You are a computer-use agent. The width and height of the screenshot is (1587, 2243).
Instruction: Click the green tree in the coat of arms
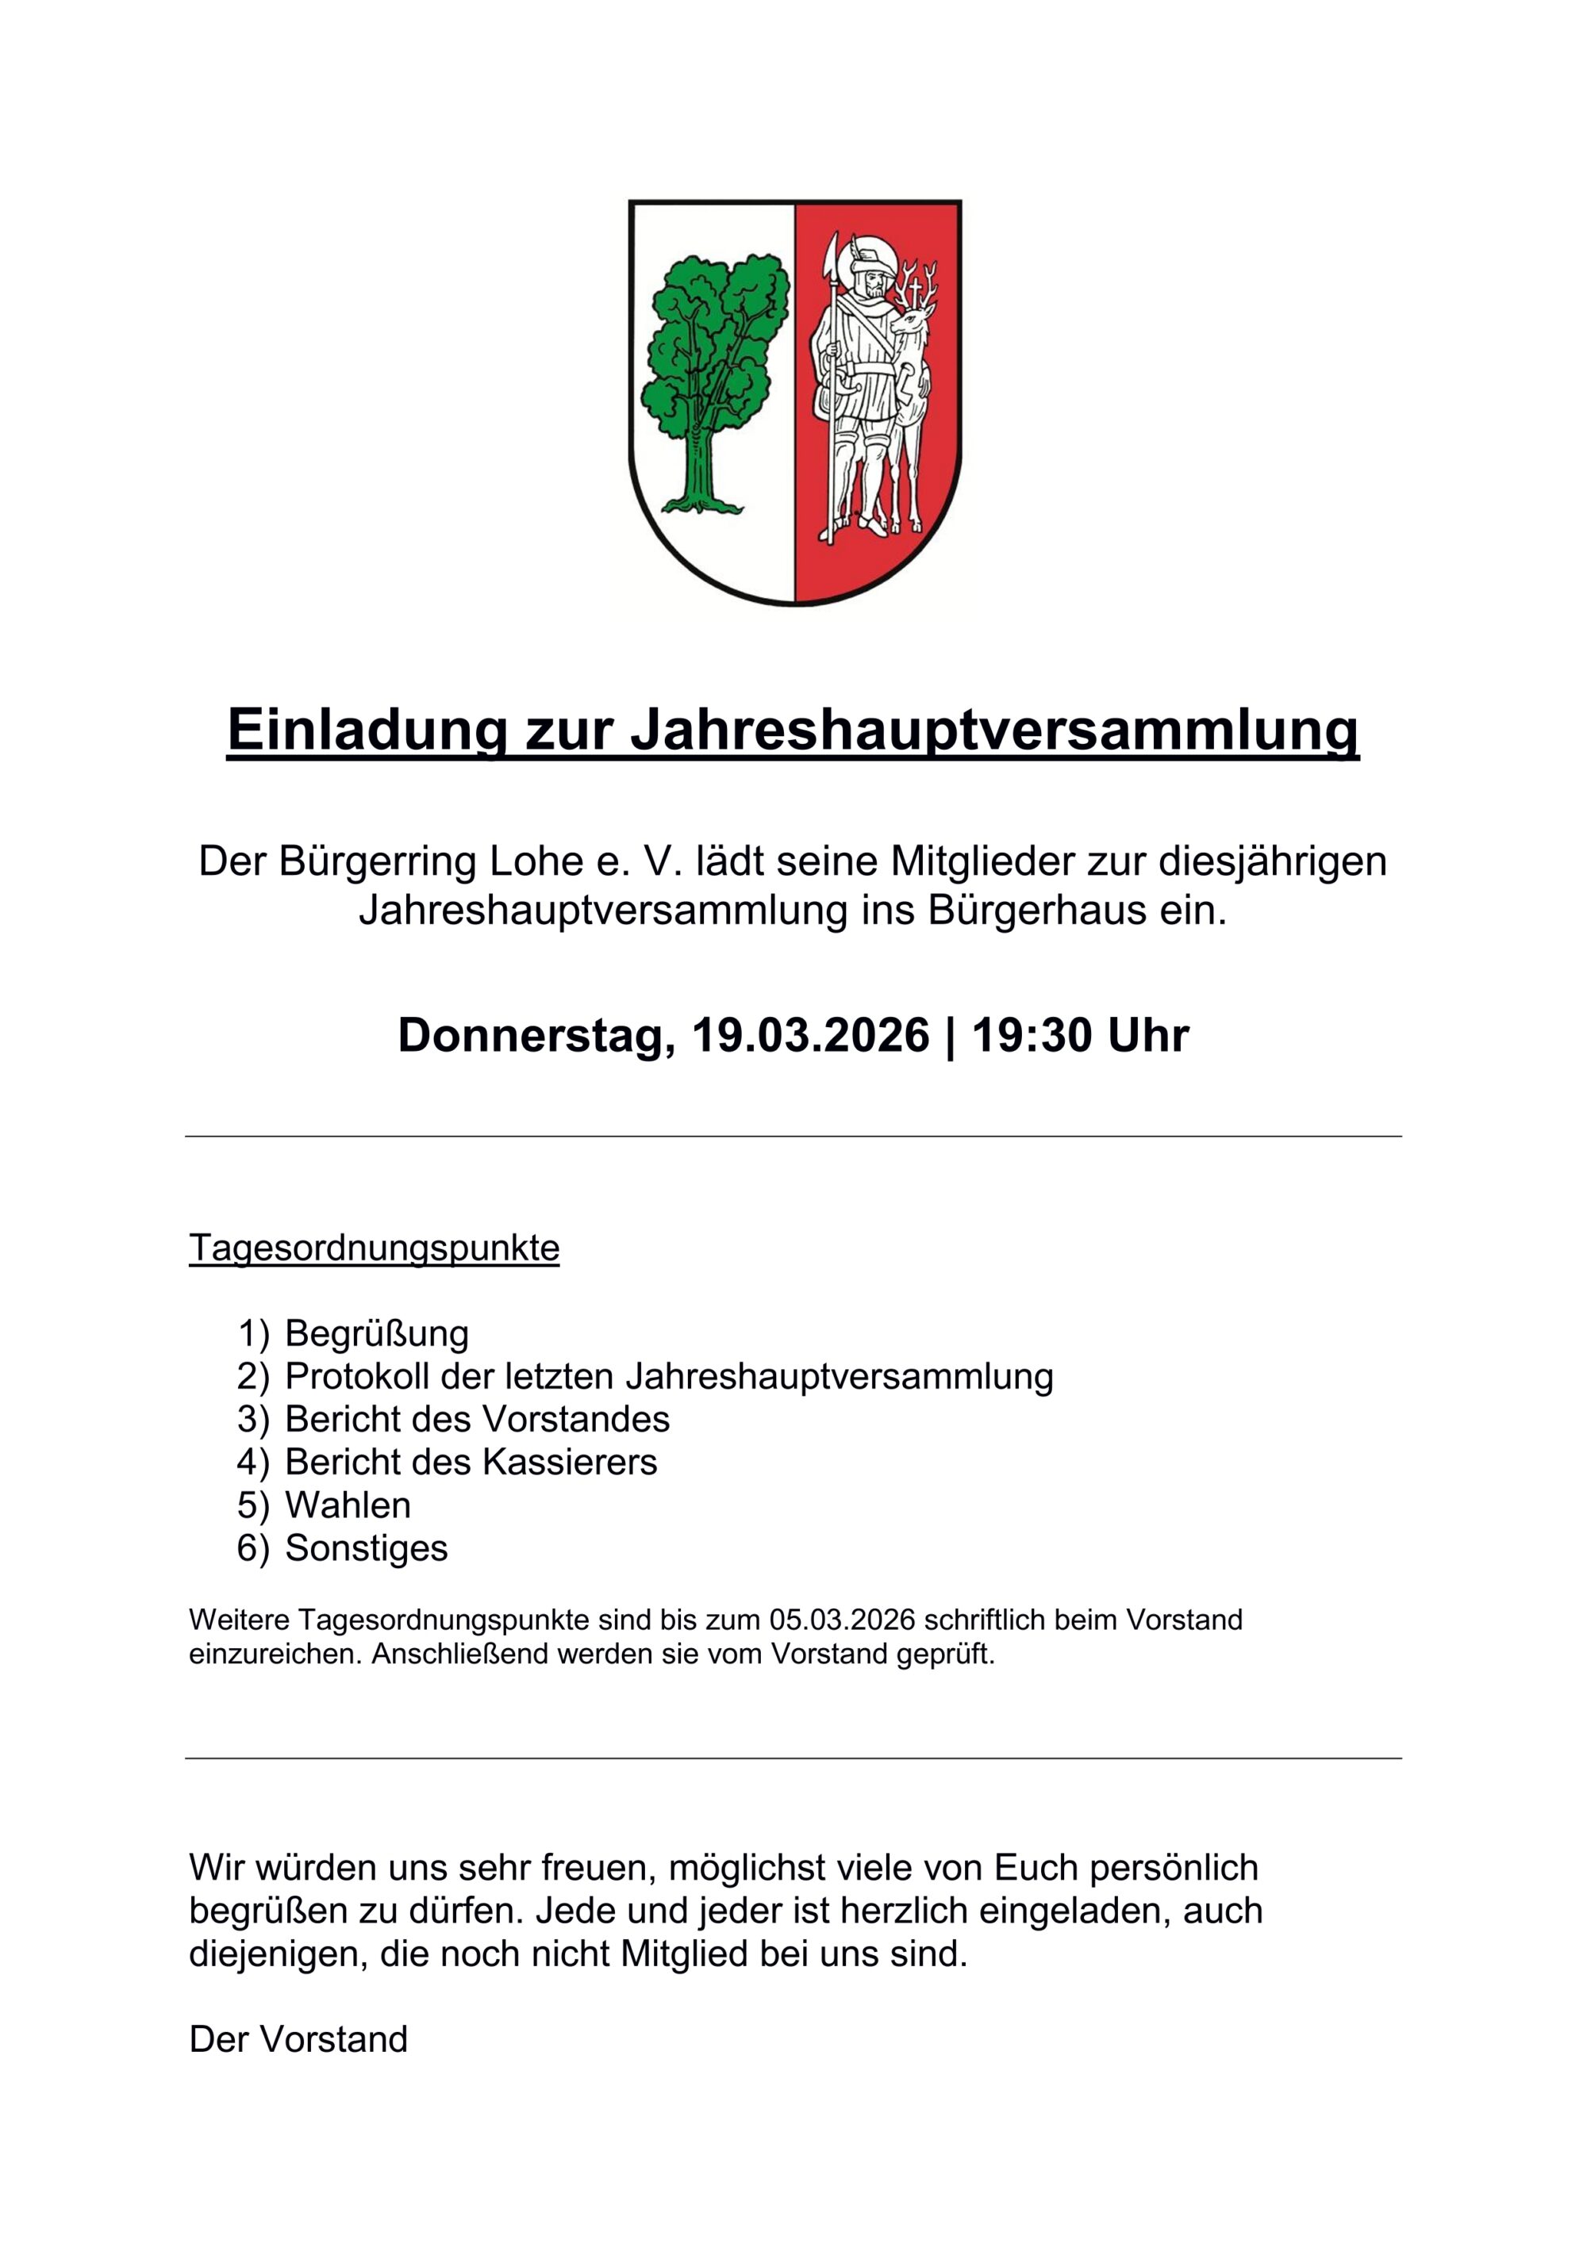coord(713,371)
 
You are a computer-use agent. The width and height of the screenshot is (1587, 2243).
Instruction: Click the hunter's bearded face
coord(870,286)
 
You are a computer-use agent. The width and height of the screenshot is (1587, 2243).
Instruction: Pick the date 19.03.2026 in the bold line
coord(810,1036)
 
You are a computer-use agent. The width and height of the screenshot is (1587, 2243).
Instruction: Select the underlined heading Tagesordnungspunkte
coord(375,1248)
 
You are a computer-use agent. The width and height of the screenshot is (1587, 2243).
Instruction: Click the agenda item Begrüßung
coord(376,1333)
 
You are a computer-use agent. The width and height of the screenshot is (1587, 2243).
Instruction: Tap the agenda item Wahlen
coord(348,1505)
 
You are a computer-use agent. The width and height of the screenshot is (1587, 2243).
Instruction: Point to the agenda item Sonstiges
coord(367,1547)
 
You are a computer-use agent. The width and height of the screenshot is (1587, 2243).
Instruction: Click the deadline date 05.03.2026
coord(843,1620)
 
